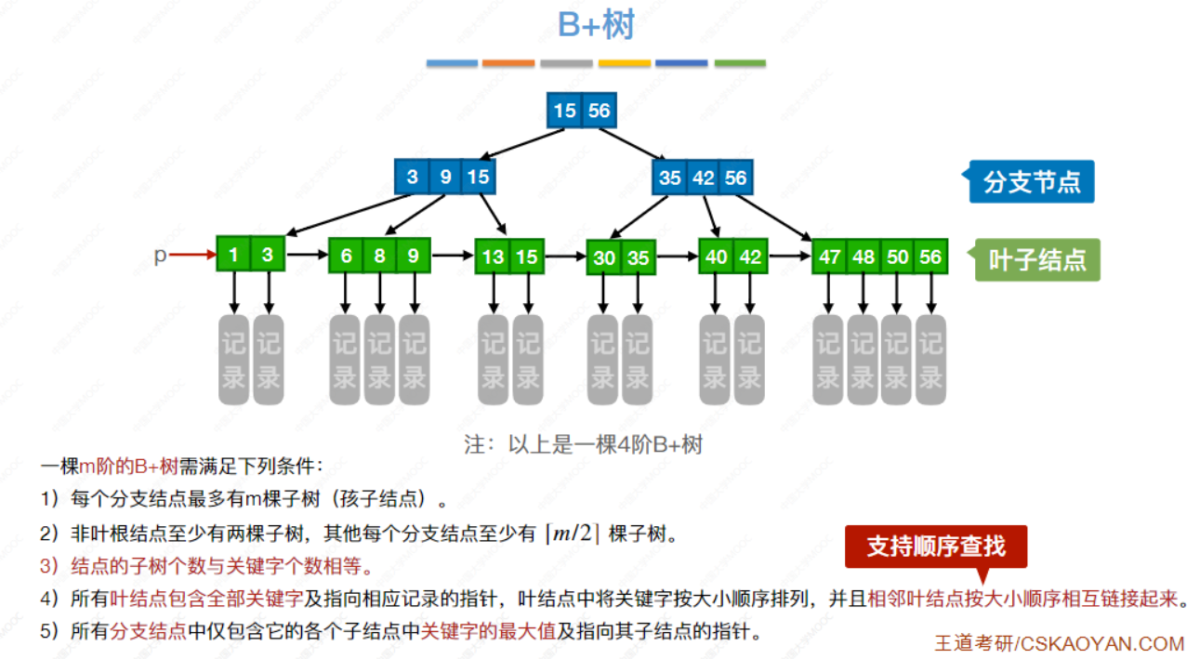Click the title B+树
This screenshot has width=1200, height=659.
[596, 25]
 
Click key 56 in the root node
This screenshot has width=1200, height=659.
[599, 112]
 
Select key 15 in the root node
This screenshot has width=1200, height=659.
[564, 112]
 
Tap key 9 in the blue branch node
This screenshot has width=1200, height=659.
[445, 177]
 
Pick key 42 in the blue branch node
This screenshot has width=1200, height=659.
[702, 177]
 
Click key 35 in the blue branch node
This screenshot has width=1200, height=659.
[669, 177]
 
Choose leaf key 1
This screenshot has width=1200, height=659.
[234, 254]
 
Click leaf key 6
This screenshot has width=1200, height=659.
[346, 256]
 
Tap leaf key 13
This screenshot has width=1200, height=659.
[493, 257]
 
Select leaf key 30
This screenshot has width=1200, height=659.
[604, 257]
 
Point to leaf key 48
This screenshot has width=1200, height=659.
[863, 257]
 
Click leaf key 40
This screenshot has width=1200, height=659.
[716, 257]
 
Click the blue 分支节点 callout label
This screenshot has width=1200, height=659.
[1032, 182]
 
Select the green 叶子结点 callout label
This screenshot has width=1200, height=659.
[1037, 260]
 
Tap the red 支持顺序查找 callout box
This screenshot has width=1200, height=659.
[936, 546]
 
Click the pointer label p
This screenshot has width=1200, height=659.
[160, 255]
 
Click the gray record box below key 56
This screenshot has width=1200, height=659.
[930, 360]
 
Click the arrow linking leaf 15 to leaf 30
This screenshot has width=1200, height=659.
[565, 256]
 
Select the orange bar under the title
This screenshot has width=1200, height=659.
[508, 63]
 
